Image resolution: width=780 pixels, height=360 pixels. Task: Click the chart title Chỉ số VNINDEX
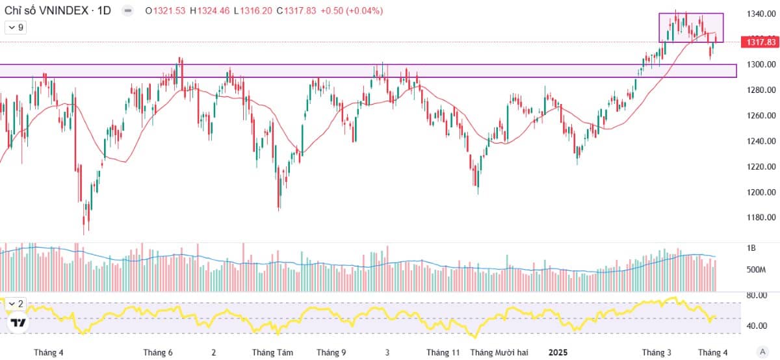46,11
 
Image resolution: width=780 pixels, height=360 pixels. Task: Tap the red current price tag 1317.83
760,42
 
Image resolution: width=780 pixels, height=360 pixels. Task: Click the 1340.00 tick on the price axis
761,14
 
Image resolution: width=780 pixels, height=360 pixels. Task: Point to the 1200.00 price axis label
761,192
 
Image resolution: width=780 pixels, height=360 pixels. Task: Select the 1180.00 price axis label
761,218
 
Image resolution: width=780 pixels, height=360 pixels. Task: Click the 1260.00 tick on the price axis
761,116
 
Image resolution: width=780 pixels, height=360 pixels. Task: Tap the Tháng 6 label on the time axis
158,352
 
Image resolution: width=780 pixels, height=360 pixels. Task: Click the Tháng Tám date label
272,352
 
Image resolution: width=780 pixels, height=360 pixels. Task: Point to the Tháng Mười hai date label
499,352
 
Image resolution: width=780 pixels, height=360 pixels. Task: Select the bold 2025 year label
558,352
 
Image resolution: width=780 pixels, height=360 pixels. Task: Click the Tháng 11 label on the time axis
443,352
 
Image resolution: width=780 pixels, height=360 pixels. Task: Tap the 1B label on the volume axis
751,248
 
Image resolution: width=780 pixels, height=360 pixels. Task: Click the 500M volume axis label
756,270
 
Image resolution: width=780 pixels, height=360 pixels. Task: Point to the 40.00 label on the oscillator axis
757,326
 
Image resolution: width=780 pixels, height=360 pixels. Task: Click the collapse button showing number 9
16,27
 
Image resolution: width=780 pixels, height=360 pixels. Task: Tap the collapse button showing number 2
16,304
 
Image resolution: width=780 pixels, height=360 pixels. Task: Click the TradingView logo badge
18,323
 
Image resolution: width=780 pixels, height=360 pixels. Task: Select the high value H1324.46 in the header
209,11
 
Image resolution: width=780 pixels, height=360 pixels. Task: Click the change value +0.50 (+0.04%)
352,11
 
